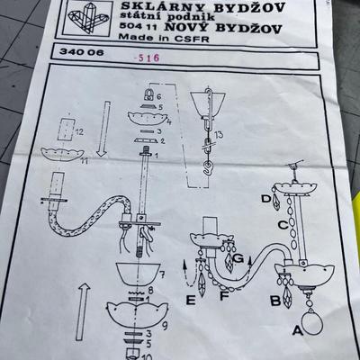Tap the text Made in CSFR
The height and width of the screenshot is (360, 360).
164,38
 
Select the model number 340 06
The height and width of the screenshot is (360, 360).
81,52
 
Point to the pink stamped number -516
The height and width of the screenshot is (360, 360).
147,58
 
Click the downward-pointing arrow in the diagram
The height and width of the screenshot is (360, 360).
103,129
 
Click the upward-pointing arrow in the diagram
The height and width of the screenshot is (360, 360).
82,311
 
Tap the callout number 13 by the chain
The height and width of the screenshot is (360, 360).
219,134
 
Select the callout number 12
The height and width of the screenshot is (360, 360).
79,131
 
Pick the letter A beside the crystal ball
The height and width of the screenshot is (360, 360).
298,330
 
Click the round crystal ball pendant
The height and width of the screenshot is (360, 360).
312,323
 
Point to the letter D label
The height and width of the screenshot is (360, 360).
266,199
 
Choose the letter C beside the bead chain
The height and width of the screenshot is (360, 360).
283,225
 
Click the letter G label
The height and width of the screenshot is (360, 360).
238,258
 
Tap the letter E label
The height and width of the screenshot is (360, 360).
191,300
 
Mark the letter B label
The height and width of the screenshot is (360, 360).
275,301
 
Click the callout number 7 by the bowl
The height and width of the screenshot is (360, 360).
163,274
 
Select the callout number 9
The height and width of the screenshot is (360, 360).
165,325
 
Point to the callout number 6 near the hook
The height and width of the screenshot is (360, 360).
159,96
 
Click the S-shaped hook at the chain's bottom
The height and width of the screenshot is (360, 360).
206,167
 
